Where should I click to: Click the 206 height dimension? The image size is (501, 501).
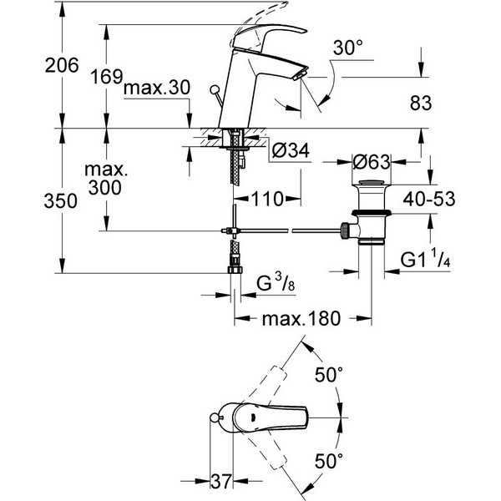pyautogui.click(x=62, y=65)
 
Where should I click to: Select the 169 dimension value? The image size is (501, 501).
pyautogui.click(x=106, y=77)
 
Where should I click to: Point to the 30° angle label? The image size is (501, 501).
pyautogui.click(x=348, y=48)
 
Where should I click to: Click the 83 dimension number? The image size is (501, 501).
pyautogui.click(x=421, y=103)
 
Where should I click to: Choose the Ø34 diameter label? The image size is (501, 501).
pyautogui.click(x=291, y=150)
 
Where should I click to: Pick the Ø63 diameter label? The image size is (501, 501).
pyautogui.click(x=372, y=162)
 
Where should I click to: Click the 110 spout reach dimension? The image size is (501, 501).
pyautogui.click(x=268, y=199)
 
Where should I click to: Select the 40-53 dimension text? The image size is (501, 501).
pyautogui.click(x=429, y=199)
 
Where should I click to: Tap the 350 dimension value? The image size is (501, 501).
pyautogui.click(x=60, y=201)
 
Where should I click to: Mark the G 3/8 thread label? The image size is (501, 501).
pyautogui.click(x=276, y=282)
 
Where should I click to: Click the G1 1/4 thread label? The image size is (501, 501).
pyautogui.click(x=425, y=259)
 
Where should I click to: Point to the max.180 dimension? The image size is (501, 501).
pyautogui.click(x=301, y=319)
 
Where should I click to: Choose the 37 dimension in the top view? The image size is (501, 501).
pyautogui.click(x=220, y=481)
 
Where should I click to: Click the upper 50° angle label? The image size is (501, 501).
pyautogui.click(x=329, y=374)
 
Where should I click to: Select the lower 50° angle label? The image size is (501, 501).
pyautogui.click(x=329, y=461)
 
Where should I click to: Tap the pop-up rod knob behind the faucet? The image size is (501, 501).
pyautogui.click(x=214, y=89)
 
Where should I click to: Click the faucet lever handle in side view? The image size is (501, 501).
pyautogui.click(x=269, y=35)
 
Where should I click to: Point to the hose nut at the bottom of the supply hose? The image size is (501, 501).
pyautogui.click(x=235, y=270)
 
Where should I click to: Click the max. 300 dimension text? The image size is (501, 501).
pyautogui.click(x=106, y=179)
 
